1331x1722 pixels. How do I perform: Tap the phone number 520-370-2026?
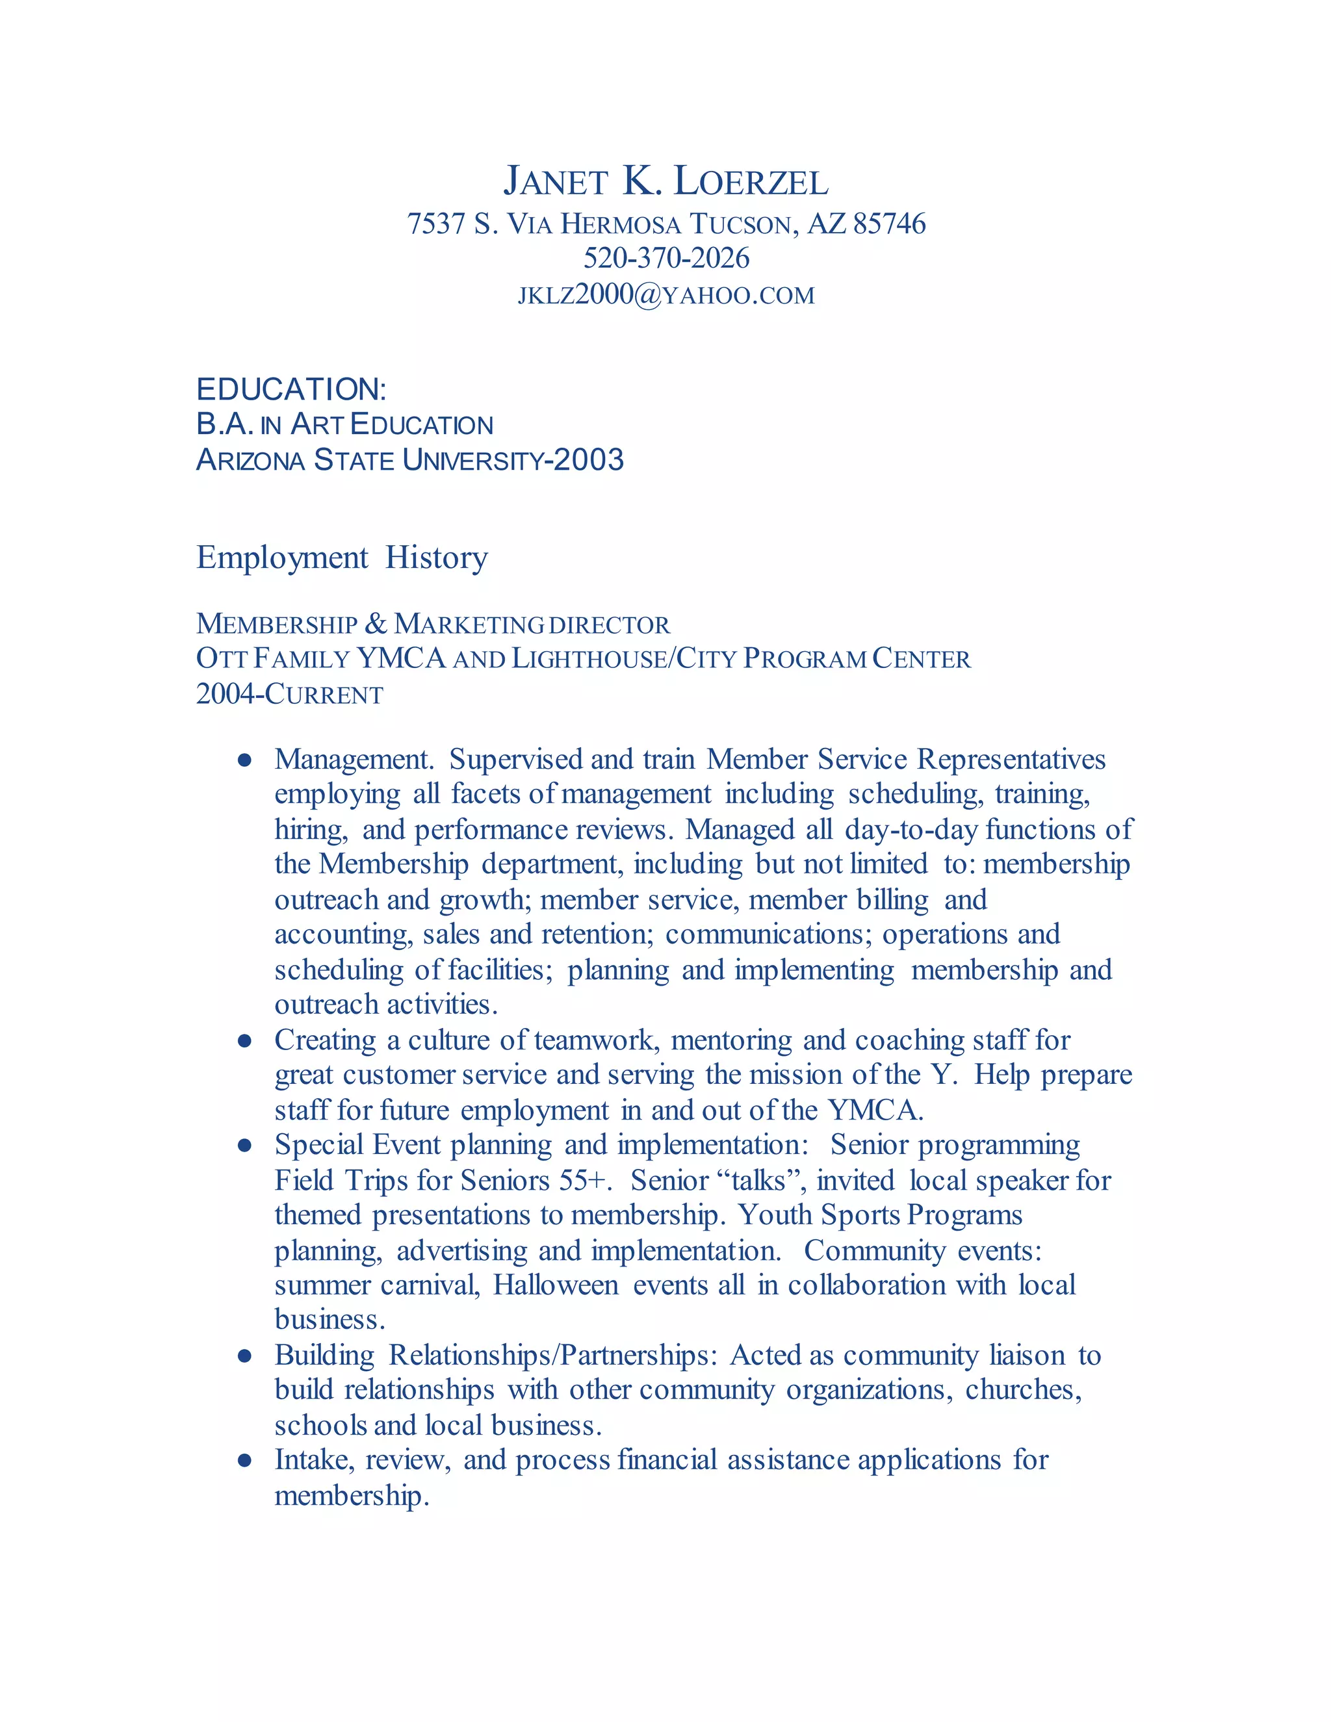coord(665,258)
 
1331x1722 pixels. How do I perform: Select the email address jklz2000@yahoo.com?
coord(665,295)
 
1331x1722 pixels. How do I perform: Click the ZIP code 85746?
coord(890,224)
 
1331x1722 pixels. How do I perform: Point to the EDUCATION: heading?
coord(291,389)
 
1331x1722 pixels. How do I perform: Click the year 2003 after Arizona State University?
coord(589,459)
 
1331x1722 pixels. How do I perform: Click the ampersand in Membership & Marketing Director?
coord(376,624)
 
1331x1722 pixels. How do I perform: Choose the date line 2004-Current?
coord(289,694)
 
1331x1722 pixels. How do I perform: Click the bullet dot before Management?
coord(244,760)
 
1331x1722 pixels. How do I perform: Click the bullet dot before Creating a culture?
coord(244,1041)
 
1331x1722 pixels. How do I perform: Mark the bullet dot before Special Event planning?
coord(244,1146)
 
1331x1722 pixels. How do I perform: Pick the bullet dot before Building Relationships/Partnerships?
coord(244,1356)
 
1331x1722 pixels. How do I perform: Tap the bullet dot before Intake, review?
coord(244,1461)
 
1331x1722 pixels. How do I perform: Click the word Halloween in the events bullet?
coord(556,1285)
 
